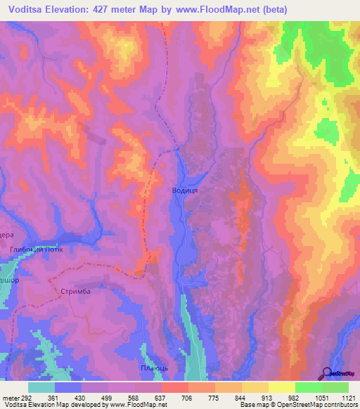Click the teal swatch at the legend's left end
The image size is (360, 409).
pyautogui.click(x=41, y=387)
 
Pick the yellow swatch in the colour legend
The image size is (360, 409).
pyautogui.click(x=281, y=387)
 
